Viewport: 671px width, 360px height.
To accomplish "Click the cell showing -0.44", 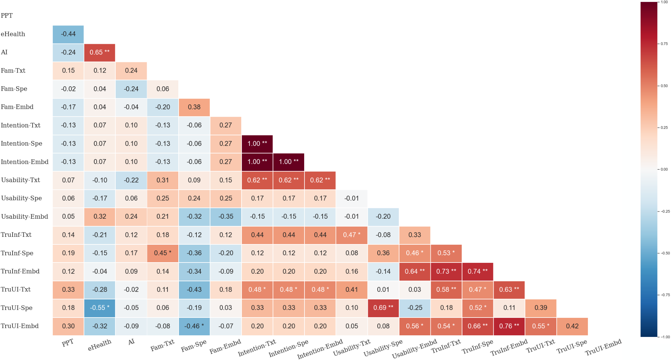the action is pos(68,34).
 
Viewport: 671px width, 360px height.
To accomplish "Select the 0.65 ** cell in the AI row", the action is pos(100,52).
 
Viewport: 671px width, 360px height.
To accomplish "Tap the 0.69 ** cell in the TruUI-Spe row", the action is pos(383,308).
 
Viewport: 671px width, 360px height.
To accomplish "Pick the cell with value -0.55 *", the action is pos(100,308).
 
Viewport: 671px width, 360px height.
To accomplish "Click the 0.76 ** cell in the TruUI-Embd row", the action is pos(509,326).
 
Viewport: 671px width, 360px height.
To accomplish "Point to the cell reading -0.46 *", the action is pos(194,326).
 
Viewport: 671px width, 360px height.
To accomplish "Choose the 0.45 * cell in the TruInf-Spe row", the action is pos(162,253).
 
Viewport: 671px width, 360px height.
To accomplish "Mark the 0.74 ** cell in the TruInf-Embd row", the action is pos(478,271).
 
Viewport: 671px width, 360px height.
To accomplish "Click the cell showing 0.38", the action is pos(194,107).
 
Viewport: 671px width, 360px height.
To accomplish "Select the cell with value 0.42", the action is pos(572,326).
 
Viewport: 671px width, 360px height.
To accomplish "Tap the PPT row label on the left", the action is pos(7,16).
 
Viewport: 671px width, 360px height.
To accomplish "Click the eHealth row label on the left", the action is pos(13,34).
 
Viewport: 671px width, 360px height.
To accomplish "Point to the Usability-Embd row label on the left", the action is pos(24,217).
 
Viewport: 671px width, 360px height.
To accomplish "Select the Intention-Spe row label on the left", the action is pos(21,144).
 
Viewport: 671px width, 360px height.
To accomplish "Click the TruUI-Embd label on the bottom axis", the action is pos(603,347).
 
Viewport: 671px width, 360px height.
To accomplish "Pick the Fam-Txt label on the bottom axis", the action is pos(162,345).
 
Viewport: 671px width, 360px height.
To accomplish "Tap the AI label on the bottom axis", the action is pos(131,342).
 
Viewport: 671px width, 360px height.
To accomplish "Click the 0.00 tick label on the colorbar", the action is pos(664,169).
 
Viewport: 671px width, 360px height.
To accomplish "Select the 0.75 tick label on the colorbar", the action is pos(664,44).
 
